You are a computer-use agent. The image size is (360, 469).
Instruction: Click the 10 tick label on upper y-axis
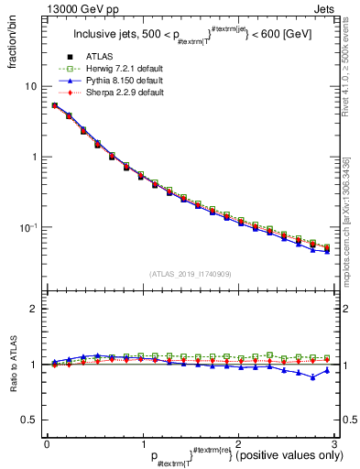pos(30,86)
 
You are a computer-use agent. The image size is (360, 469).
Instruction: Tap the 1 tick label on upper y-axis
pos(33,157)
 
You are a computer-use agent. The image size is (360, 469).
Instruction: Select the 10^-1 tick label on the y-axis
pos(28,227)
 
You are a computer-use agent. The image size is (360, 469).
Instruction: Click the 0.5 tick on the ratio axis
pos(27,420)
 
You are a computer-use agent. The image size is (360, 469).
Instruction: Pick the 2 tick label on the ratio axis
pos(33,309)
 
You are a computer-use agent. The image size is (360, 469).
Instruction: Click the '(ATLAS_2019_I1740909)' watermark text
pos(189,274)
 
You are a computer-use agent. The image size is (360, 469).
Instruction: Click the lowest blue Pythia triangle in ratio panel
pos(313,377)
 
